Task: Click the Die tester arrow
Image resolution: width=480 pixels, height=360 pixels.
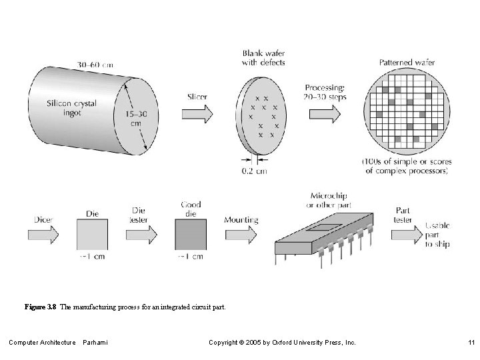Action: point(141,235)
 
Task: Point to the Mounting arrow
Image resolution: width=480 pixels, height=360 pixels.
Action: point(241,235)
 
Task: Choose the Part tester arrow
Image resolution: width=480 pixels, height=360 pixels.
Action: point(405,235)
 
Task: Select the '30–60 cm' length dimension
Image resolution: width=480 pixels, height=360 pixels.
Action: point(95,65)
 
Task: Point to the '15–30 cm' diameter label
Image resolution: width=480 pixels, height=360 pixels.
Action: point(135,119)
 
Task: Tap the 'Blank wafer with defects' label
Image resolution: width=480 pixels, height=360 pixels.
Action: point(263,57)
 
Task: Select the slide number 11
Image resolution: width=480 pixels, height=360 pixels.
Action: point(471,343)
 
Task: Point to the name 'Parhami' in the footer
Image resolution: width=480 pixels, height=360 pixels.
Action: point(95,343)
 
